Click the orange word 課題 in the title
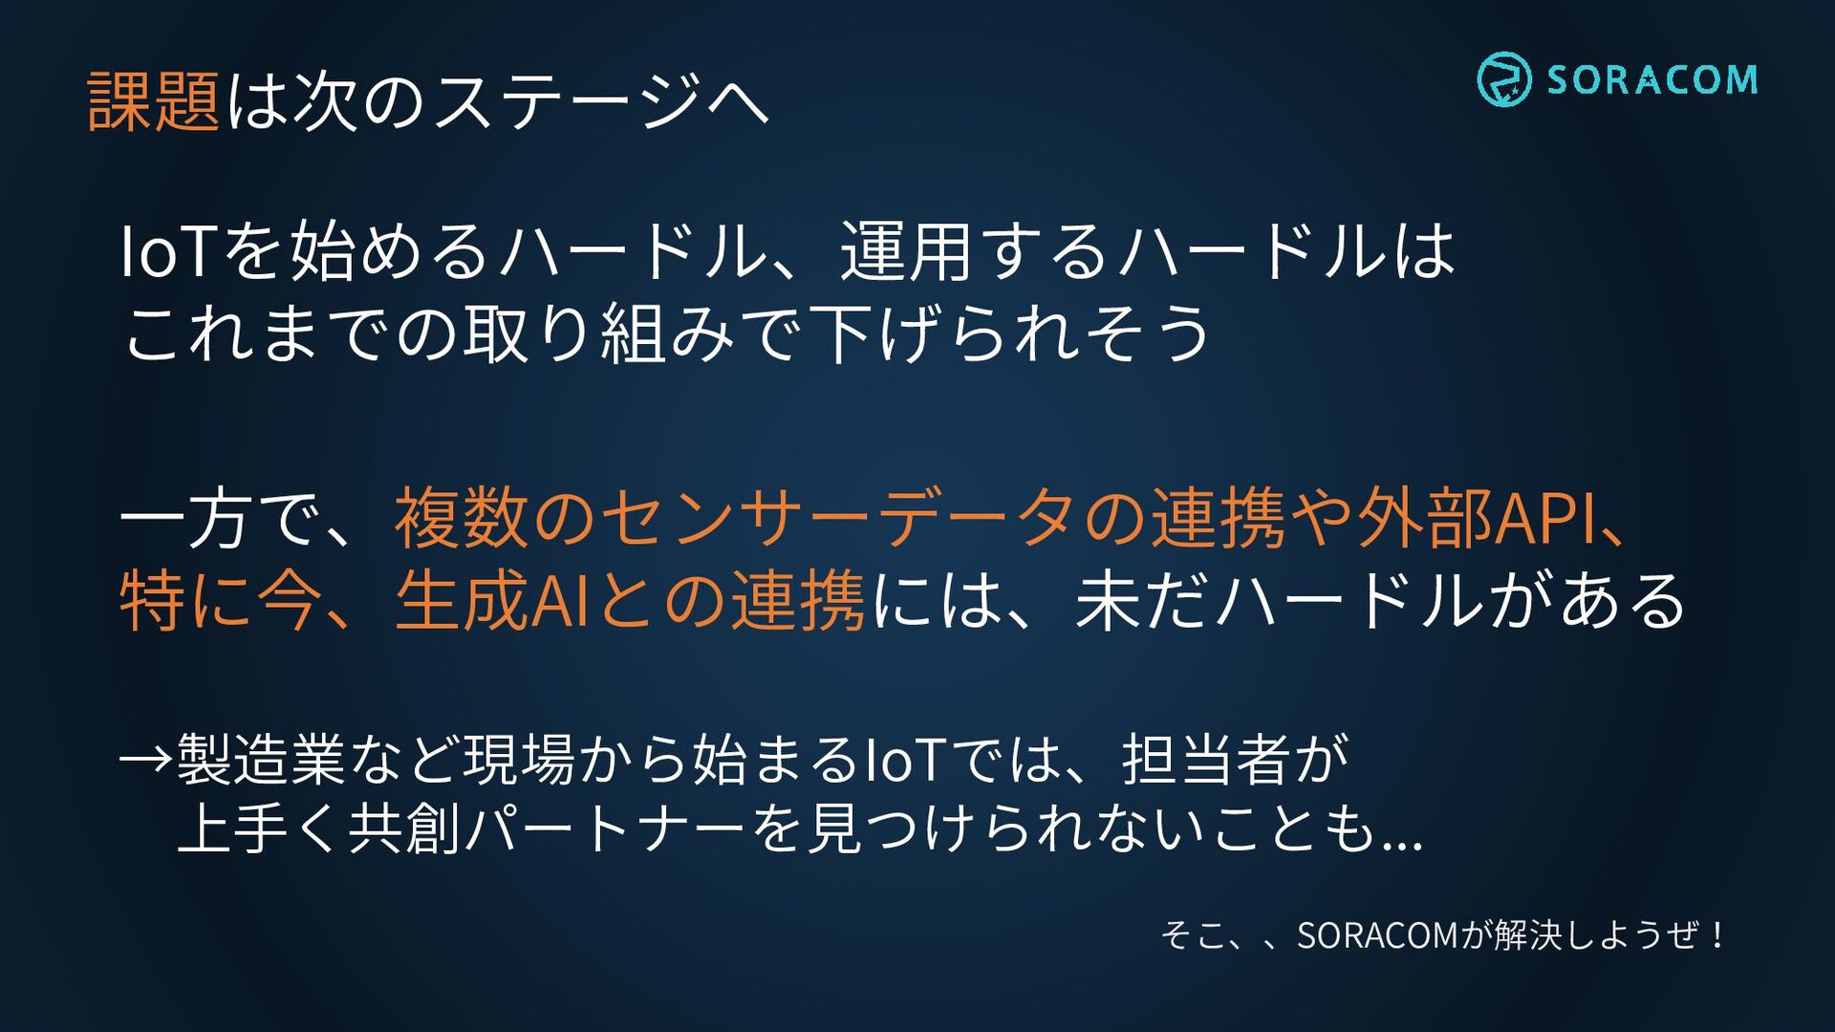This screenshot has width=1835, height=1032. pyautogui.click(x=154, y=101)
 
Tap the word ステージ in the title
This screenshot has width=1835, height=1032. pyautogui.click(x=567, y=101)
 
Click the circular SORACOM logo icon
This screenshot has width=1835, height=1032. pyautogui.click(x=1503, y=79)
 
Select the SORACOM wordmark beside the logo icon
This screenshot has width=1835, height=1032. pyautogui.click(x=1652, y=79)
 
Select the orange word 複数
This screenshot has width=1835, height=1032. pyautogui.click(x=462, y=517)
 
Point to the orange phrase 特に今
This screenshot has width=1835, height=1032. pyautogui.click(x=221, y=600)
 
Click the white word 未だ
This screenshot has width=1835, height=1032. pyautogui.click(x=1142, y=600)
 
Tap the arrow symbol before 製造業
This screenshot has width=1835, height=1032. pyautogui.click(x=146, y=760)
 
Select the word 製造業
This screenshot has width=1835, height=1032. pyautogui.click(x=261, y=760)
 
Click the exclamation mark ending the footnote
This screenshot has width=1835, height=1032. pyautogui.click(x=1718, y=935)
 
